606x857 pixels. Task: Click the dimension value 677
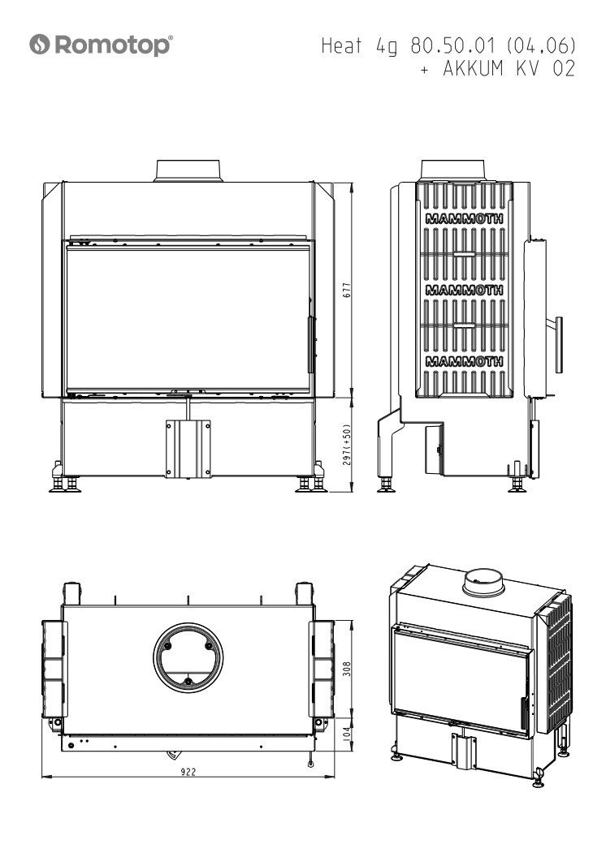[347, 290]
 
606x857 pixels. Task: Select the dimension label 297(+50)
[347, 445]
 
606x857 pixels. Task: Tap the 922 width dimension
[188, 772]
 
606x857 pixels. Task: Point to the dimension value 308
[347, 669]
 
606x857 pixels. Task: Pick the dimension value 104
[347, 734]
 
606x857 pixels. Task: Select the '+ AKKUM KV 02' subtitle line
[498, 69]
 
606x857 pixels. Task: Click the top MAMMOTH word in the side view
[465, 219]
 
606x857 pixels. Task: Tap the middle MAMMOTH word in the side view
[465, 290]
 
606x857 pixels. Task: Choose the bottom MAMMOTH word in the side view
[465, 361]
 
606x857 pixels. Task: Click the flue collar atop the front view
[188, 170]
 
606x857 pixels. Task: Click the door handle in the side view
[558, 345]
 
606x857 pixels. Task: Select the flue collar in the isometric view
[483, 583]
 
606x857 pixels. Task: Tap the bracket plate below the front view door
[188, 449]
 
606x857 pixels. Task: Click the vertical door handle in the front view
[311, 345]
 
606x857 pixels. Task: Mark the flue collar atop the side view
[452, 170]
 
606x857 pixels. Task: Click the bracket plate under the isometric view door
[464, 751]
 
